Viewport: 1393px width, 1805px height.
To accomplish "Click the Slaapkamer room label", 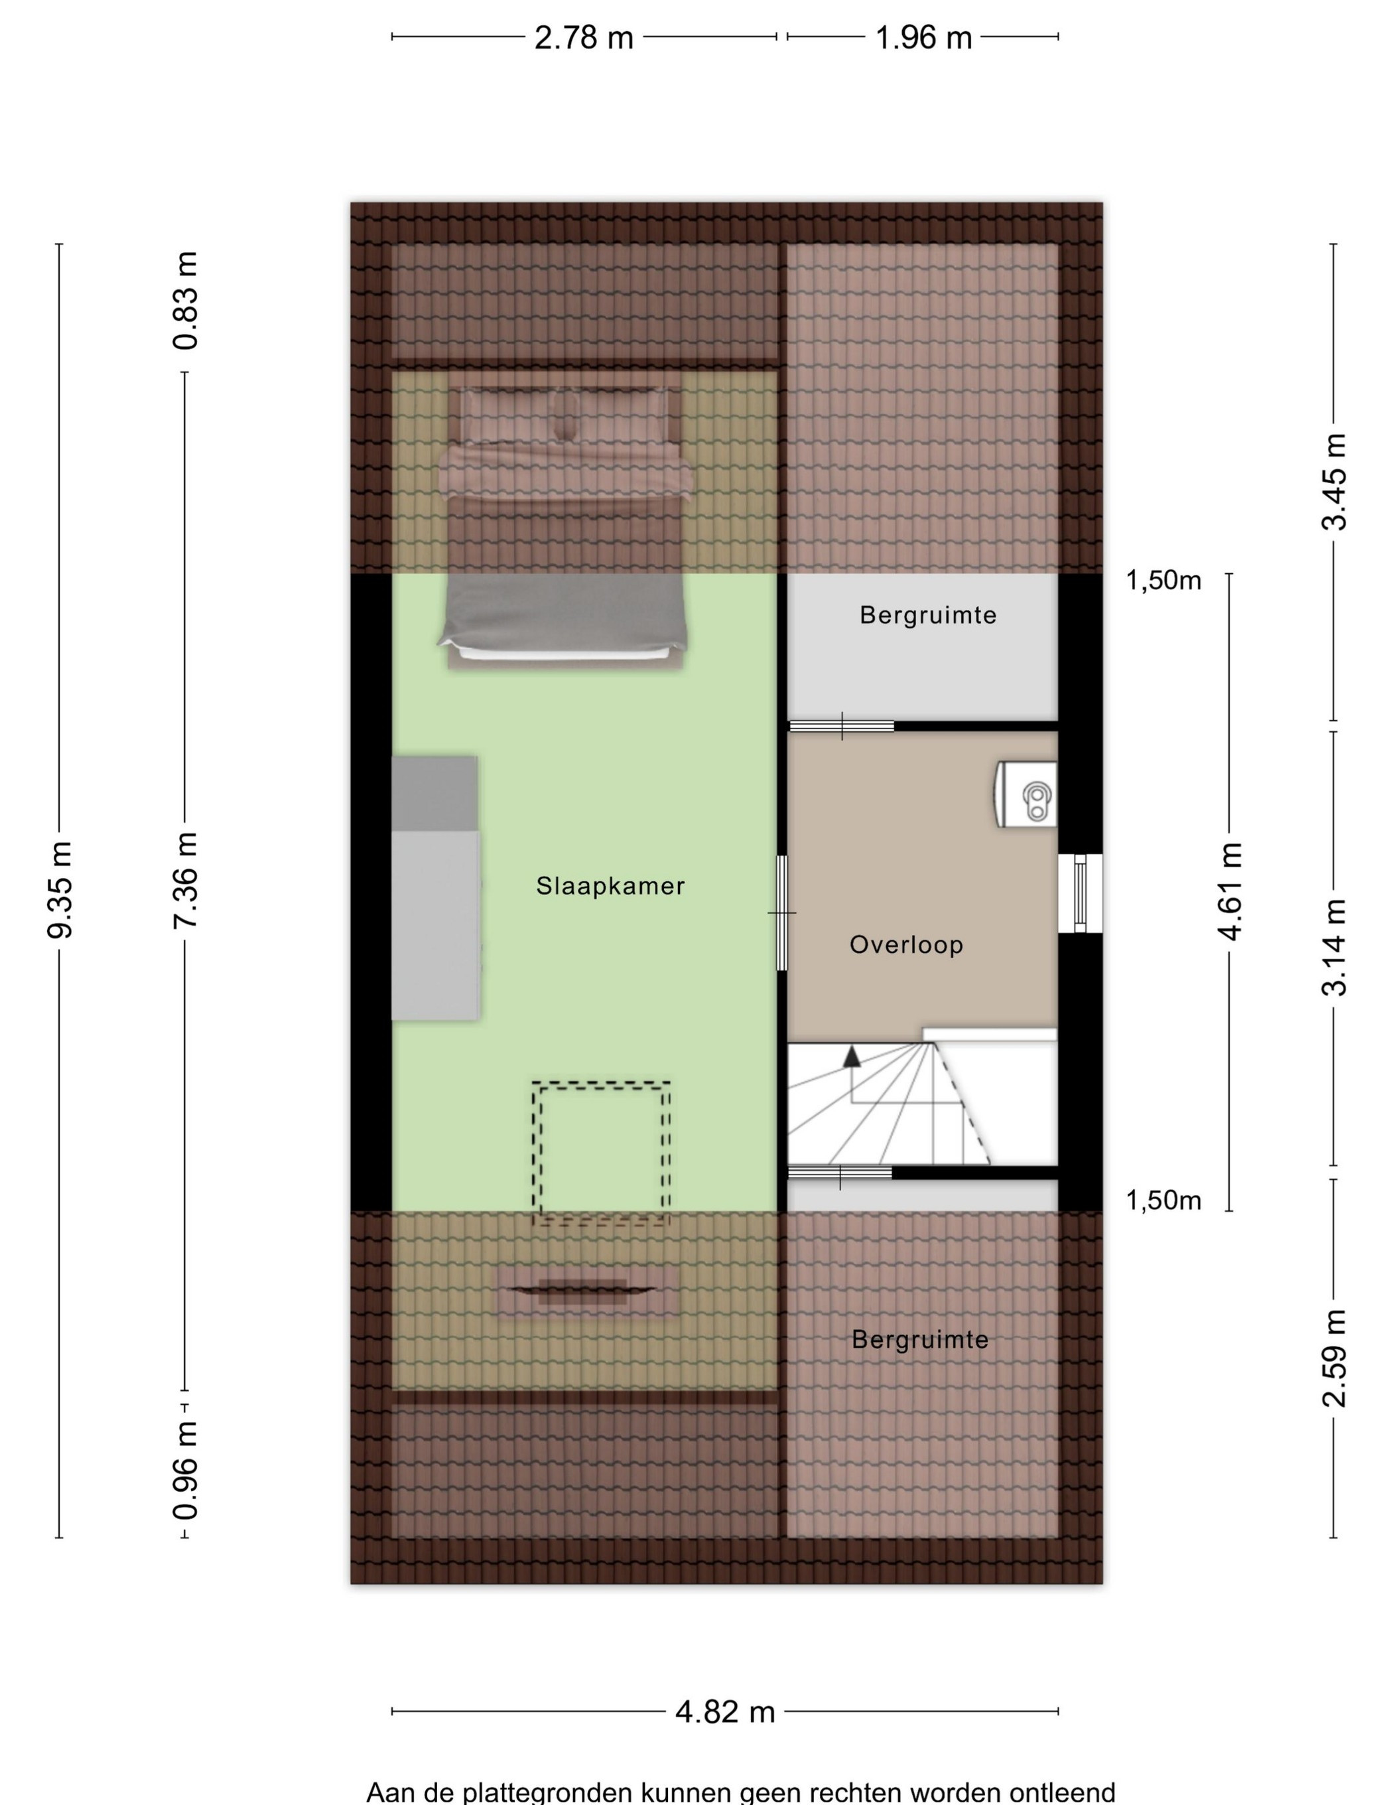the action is [610, 886].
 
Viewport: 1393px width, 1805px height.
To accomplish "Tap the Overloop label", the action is [906, 945].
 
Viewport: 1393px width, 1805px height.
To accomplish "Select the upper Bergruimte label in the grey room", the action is [928, 615].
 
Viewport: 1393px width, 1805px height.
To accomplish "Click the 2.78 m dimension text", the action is [583, 38].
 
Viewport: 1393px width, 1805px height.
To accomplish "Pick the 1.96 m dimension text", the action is [923, 38].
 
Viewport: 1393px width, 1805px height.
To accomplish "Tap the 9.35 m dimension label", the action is [60, 890].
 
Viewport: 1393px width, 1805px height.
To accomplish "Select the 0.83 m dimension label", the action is [186, 301].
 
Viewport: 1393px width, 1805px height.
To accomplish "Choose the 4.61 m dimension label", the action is [1229, 891].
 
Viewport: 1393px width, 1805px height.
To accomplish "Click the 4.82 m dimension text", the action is [724, 1711].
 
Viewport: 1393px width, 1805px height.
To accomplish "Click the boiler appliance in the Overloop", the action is [1026, 794].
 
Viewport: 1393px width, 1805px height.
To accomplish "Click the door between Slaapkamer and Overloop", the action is [781, 912].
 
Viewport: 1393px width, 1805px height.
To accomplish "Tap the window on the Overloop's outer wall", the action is [1080, 893].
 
